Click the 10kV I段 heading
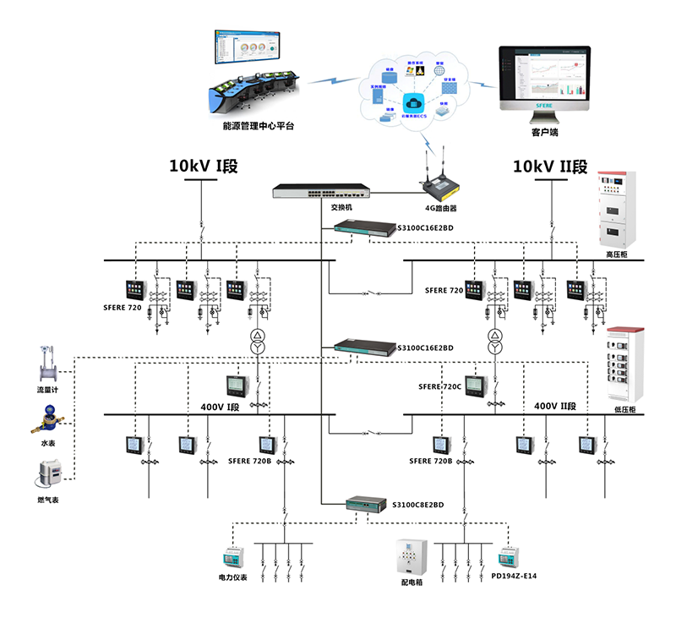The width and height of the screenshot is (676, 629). [203, 166]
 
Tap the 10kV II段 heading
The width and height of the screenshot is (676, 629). [550, 166]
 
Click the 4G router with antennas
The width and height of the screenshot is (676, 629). [440, 178]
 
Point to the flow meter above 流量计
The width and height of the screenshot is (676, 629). [47, 365]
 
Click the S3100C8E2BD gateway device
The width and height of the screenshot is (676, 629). [365, 505]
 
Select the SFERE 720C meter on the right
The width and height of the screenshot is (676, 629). [478, 386]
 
